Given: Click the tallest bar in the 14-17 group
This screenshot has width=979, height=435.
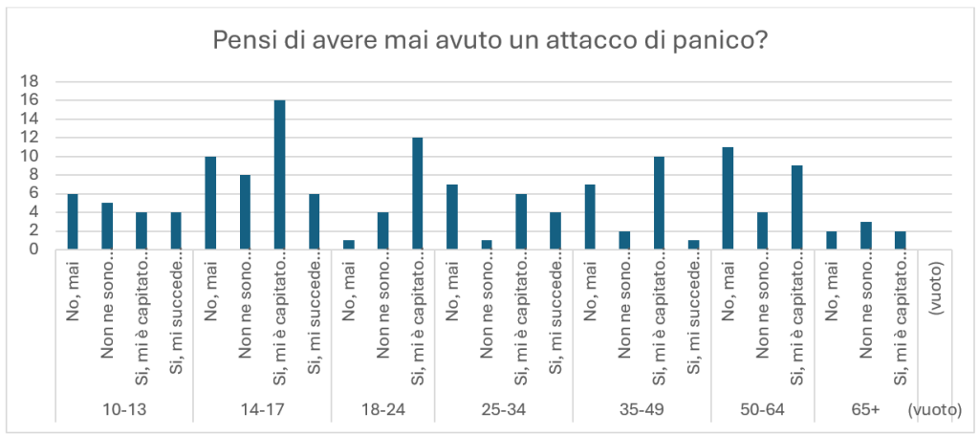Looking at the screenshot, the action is [280, 175].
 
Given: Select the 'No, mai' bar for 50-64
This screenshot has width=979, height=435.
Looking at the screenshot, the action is [728, 199].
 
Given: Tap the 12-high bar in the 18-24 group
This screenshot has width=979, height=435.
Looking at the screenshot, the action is [418, 193].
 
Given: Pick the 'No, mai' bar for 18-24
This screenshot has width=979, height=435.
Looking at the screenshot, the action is [348, 245].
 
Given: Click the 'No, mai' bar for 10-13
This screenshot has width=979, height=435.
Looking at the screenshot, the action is [73, 222].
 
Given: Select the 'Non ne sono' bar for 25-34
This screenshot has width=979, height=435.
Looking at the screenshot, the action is [487, 245].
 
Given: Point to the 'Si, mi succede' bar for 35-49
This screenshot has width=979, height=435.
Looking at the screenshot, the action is [694, 245].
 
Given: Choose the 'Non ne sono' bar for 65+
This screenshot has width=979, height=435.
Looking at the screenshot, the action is [866, 235].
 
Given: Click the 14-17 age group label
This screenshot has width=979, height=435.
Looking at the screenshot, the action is [262, 410].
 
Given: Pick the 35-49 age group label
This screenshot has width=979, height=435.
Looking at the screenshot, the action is [642, 410].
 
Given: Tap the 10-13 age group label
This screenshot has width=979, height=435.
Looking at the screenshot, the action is [124, 410].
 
